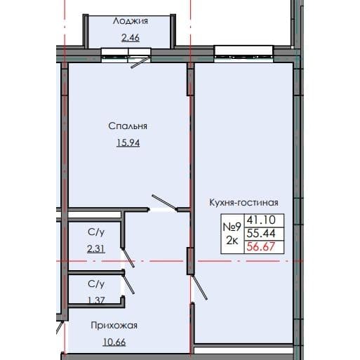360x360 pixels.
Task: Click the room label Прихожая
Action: pos(112,326)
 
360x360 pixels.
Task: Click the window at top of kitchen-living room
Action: pos(235,51)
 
